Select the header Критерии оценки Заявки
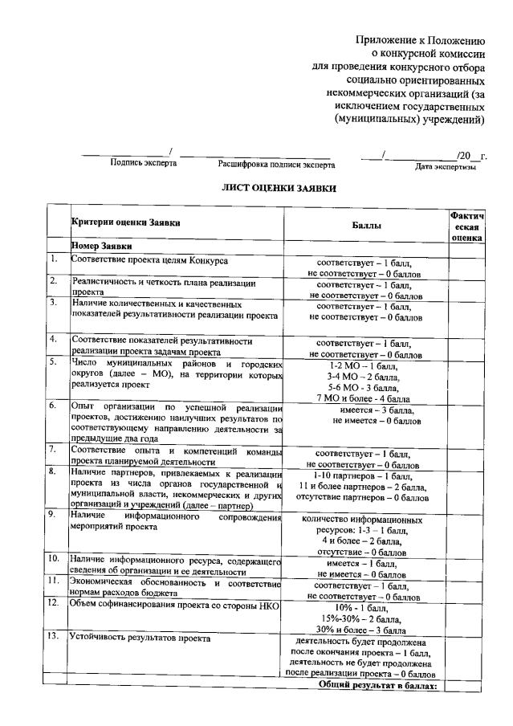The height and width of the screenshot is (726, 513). [125, 222]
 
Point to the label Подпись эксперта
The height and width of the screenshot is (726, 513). [144, 163]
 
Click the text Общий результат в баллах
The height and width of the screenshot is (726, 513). [377, 686]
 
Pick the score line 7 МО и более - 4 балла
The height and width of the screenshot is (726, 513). [364, 398]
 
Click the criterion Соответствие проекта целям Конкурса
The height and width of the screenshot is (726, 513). [149, 261]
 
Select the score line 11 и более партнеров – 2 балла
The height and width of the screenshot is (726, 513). [363, 487]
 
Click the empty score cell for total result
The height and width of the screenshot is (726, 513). [463, 686]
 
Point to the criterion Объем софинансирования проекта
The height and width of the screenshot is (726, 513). [173, 605]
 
